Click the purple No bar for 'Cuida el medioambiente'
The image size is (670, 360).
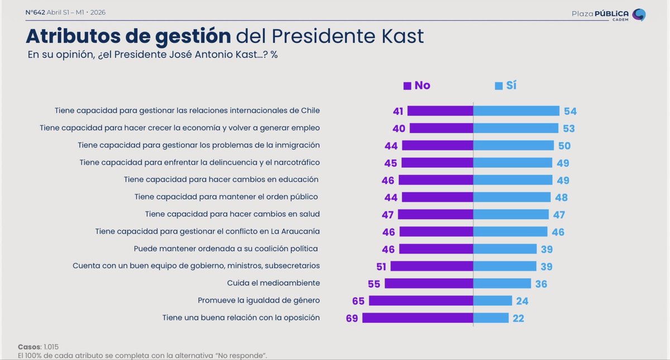pyautogui.click(x=429, y=284)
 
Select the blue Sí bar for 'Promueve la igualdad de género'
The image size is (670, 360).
pyautogui.click(x=492, y=301)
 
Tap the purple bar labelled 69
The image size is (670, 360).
pyautogui.click(x=418, y=318)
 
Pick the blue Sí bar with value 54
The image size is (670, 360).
pyautogui.click(x=516, y=111)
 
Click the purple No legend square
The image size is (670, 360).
pyautogui.click(x=407, y=86)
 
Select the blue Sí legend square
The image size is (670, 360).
pyautogui.click(x=499, y=86)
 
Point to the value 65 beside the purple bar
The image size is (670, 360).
pyautogui.click(x=358, y=301)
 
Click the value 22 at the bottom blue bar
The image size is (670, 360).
pyautogui.click(x=518, y=318)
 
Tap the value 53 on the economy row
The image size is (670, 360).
pyautogui.click(x=568, y=128)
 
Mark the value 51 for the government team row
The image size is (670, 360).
pyautogui.click(x=381, y=266)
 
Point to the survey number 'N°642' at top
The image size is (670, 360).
pyautogui.click(x=35, y=12)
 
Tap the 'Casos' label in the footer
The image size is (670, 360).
pyautogui.click(x=29, y=347)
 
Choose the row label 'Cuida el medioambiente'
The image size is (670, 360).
pyautogui.click(x=273, y=283)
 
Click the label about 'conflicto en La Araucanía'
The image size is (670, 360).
pyautogui.click(x=207, y=231)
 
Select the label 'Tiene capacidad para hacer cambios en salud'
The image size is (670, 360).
pyautogui.click(x=232, y=214)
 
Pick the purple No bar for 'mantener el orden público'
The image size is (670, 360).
pyautogui.click(x=437, y=197)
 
